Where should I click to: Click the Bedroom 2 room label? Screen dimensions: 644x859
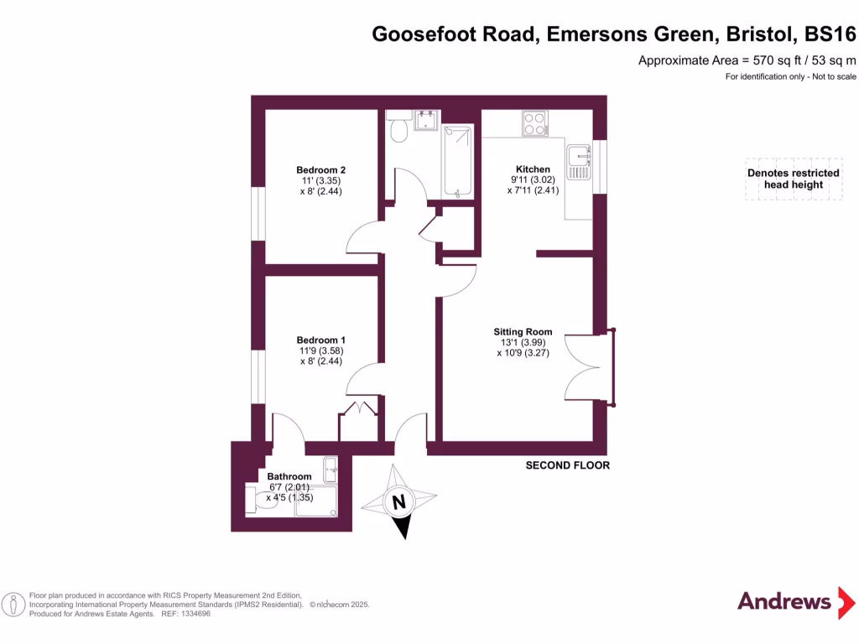tap(320, 170)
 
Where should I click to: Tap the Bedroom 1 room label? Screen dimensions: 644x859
tap(320, 340)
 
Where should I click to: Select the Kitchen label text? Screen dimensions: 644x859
tap(533, 169)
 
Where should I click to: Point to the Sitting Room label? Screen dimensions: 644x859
tap(523, 332)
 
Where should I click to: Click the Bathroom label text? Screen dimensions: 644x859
tap(289, 477)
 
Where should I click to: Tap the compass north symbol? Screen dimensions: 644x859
tap(400, 503)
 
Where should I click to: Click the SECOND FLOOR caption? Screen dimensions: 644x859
tap(567, 465)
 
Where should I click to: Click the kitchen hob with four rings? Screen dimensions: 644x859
tap(534, 124)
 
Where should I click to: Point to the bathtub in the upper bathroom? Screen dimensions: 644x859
tap(458, 160)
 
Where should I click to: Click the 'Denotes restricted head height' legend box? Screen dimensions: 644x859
tap(794, 179)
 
